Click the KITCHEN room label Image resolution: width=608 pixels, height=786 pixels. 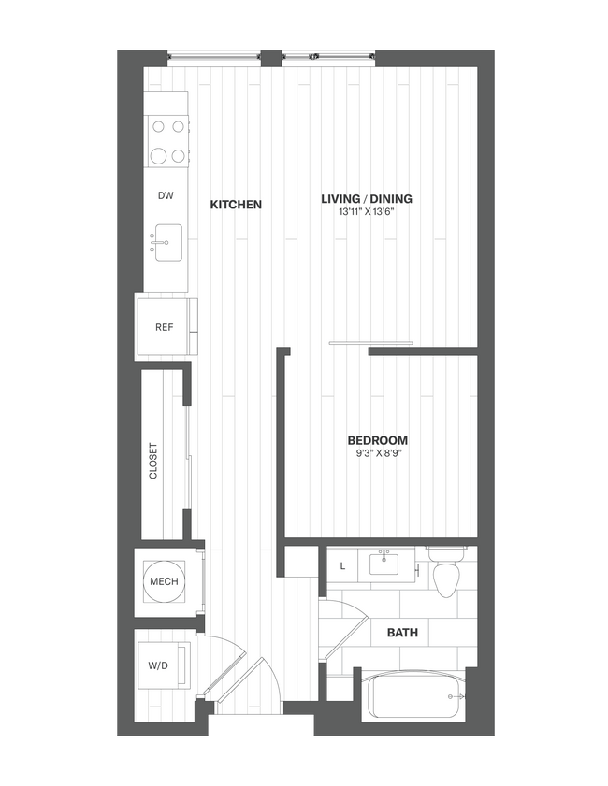pos(236,204)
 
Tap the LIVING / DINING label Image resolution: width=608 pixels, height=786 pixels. pos(367,198)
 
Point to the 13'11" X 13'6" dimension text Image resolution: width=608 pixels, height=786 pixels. pos(367,212)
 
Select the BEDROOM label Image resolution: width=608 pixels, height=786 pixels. pos(378,440)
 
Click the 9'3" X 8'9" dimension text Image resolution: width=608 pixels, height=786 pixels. pos(378,454)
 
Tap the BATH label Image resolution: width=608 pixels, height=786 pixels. pos(402,633)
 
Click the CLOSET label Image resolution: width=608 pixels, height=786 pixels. pos(153,461)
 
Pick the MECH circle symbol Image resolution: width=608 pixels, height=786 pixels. pos(164,581)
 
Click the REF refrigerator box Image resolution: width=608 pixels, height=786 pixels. pos(165,327)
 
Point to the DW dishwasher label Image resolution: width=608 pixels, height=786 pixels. pos(166,196)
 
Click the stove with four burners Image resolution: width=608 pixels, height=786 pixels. pos(166,140)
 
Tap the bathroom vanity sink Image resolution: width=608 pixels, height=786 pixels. pos(384,564)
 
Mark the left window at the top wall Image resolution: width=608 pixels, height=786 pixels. pos(214,56)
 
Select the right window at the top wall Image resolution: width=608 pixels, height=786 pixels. pos(329,56)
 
